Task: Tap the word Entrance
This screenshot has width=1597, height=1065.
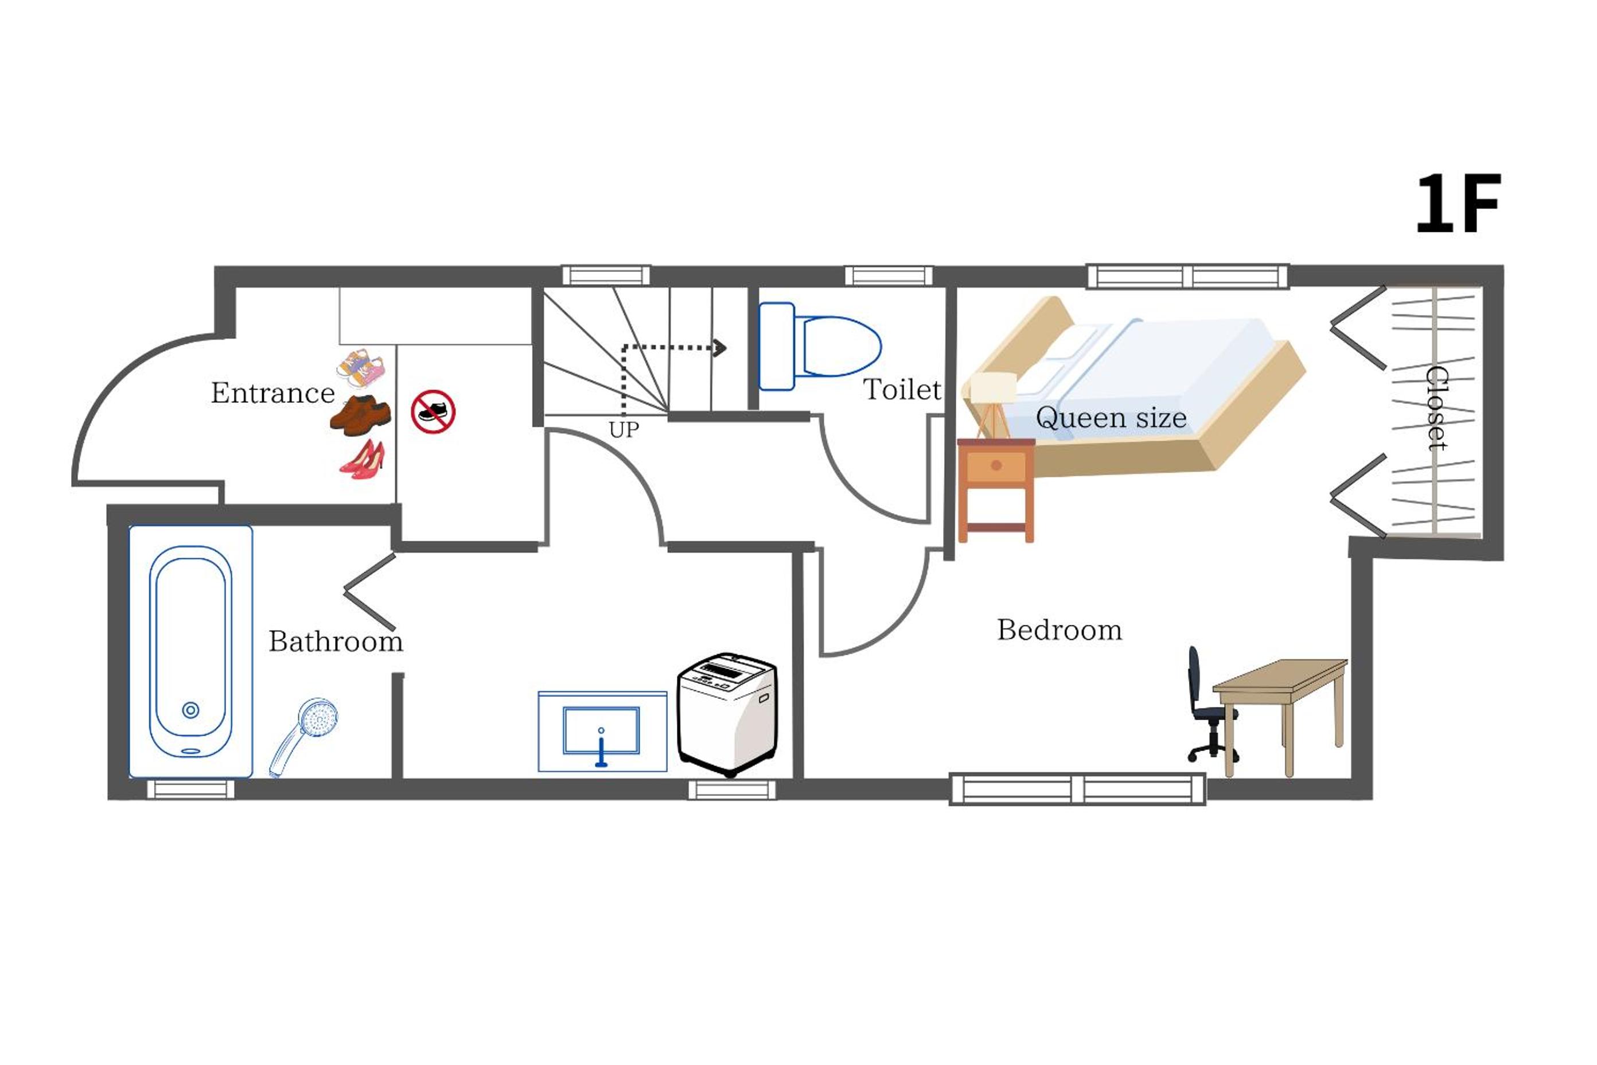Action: [x=272, y=393]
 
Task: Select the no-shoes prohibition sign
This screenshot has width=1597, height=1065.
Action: [x=433, y=411]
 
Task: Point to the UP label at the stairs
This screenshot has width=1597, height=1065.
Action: [x=624, y=430]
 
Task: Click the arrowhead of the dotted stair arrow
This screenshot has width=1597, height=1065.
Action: [x=720, y=348]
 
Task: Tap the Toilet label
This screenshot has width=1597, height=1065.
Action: [x=902, y=390]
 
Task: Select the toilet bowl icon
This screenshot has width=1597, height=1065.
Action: [x=820, y=347]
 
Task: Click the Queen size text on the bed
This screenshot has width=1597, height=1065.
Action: [x=1111, y=418]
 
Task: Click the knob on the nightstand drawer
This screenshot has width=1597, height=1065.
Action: [x=996, y=465]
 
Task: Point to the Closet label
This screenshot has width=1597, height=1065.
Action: [x=1435, y=408]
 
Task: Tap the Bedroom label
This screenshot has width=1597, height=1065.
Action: [x=1060, y=630]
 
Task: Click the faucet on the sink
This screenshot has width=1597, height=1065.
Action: [x=601, y=747]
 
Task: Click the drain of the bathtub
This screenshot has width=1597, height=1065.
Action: [x=191, y=710]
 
